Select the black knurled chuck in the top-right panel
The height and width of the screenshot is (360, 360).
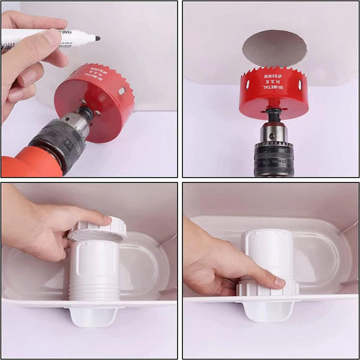coord(274,160)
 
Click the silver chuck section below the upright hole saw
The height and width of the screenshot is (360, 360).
coord(274,133)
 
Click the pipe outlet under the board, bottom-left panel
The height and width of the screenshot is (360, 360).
coord(93,316)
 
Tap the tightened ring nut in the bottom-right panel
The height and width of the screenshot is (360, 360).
coord(267,289)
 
